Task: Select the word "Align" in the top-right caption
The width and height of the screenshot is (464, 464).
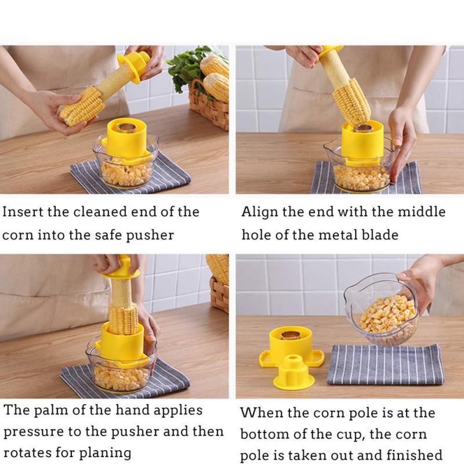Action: click(259, 212)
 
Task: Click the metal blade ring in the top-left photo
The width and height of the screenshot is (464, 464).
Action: click(126, 128)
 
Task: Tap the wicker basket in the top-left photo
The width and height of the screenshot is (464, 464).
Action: click(209, 108)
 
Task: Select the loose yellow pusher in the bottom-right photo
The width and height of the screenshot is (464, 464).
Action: click(293, 372)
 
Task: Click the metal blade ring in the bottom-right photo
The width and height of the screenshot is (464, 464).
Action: click(291, 335)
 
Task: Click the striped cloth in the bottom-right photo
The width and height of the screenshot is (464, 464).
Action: click(386, 365)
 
